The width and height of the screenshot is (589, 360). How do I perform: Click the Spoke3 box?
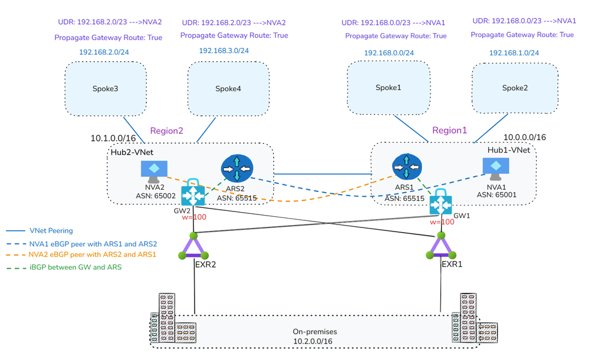[x=106, y=88]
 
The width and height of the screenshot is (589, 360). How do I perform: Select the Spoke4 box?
[x=229, y=89]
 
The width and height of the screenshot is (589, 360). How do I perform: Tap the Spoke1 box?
[x=388, y=88]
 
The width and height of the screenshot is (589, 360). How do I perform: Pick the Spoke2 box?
[x=514, y=88]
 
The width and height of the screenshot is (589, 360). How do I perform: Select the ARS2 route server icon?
[x=236, y=168]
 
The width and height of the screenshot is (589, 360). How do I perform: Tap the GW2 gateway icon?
[x=193, y=192]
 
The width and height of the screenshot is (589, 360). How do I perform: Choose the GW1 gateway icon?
[x=440, y=203]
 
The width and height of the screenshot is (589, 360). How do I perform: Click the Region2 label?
[x=167, y=130]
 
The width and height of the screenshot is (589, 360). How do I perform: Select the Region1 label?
[x=449, y=130]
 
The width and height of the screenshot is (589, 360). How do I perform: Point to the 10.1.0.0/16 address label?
[x=113, y=138]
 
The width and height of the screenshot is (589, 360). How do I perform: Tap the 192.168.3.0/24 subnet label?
[x=223, y=51]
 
